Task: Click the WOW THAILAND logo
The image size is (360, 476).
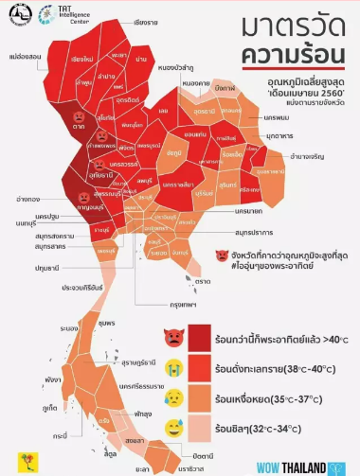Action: coord(307,467)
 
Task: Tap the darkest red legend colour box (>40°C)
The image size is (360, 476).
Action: coord(200,336)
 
